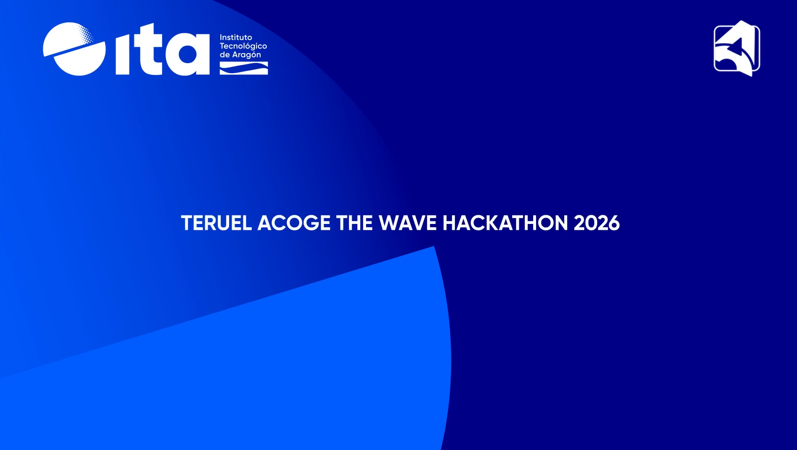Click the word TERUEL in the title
pyautogui.click(x=216, y=223)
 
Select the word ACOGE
pyautogui.click(x=294, y=223)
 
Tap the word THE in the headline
pyautogui.click(x=354, y=223)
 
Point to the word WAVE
pyautogui.click(x=408, y=223)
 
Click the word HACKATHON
pyautogui.click(x=505, y=223)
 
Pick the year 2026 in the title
pyautogui.click(x=596, y=223)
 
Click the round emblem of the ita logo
pyautogui.click(x=74, y=49)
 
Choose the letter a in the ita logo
pyautogui.click(x=188, y=54)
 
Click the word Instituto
pyautogui.click(x=236, y=37)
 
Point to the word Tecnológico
pyautogui.click(x=243, y=46)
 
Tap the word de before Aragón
pyautogui.click(x=225, y=55)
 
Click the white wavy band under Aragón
pyautogui.click(x=244, y=68)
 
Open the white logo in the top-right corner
pyautogui.click(x=737, y=49)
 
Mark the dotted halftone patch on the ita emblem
pyautogui.click(x=86, y=33)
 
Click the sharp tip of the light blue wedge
pyautogui.click(x=434, y=247)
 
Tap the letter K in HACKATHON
pyautogui.click(x=494, y=223)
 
